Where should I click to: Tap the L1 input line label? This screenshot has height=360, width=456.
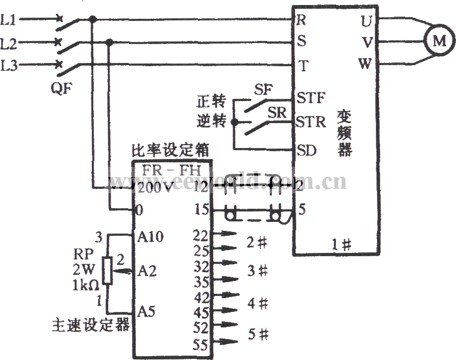[x=9, y=21]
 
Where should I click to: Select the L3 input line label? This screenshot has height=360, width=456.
[x=9, y=66]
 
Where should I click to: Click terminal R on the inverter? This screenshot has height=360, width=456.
[x=302, y=20]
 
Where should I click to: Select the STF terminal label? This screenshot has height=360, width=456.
[x=311, y=98]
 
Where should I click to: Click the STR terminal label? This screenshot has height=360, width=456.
[x=311, y=121]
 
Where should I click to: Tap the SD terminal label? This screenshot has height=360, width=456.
[x=307, y=149]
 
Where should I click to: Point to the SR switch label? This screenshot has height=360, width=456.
[x=277, y=112]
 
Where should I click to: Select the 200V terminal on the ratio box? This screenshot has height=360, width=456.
[x=154, y=188]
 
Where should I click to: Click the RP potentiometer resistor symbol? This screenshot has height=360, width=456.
[x=108, y=270]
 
